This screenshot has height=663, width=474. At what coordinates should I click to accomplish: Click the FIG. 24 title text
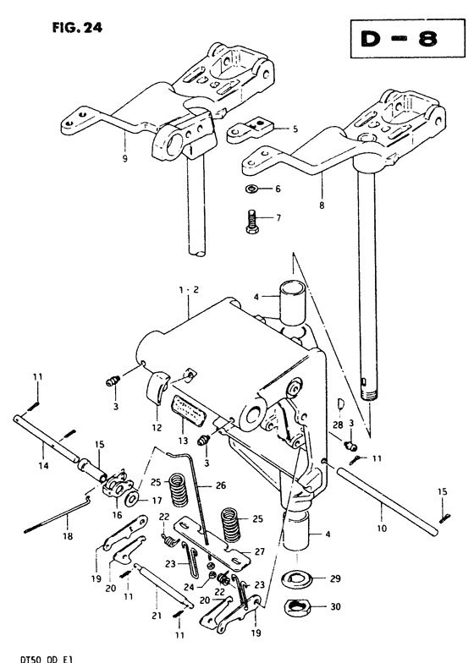(77, 28)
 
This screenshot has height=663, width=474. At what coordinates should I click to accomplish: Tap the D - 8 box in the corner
(407, 39)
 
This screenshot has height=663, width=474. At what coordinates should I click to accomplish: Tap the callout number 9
(124, 159)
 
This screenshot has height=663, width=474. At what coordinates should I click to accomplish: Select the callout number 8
(322, 205)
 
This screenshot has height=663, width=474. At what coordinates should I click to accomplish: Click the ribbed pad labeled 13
(188, 411)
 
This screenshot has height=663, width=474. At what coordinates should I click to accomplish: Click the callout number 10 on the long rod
(382, 528)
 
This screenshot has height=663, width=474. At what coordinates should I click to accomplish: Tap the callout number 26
(221, 485)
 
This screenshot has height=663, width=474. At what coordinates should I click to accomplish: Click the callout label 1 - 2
(188, 290)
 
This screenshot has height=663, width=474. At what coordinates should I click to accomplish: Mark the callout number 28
(338, 425)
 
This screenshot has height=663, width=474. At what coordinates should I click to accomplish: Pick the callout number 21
(157, 616)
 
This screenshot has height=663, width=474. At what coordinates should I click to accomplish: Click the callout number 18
(68, 536)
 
